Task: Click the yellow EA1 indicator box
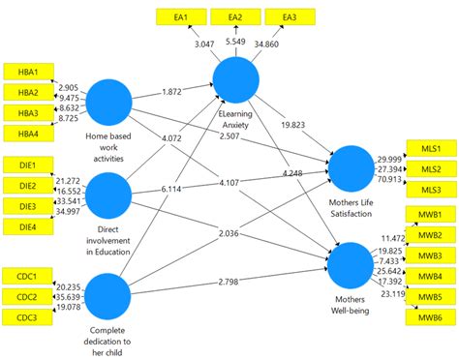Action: coord(182,17)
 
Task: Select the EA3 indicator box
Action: coord(289,17)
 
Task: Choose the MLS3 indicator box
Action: coord(431,189)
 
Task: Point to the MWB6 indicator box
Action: coord(432,316)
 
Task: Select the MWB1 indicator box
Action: coord(432,214)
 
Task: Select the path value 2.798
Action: coord(235,281)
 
